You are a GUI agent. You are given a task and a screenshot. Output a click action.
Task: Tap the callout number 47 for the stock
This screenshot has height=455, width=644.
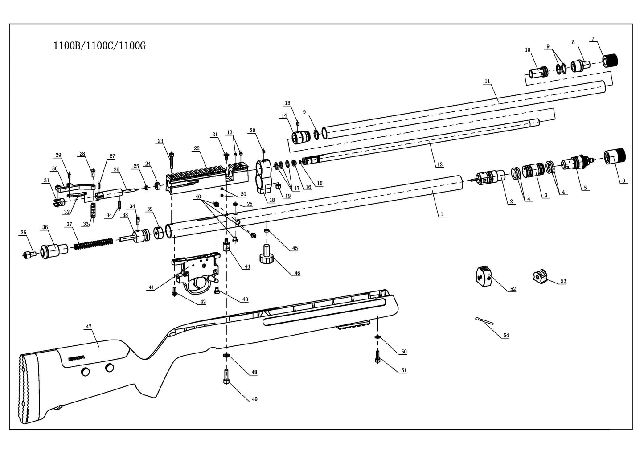point(88,327)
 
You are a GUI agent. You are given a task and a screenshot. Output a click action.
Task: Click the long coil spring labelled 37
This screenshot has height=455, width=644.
point(93,244)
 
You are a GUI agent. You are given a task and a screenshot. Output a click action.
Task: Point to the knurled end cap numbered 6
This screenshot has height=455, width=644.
point(615,156)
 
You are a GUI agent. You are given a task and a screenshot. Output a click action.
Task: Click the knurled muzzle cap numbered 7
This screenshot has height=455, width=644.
point(612,60)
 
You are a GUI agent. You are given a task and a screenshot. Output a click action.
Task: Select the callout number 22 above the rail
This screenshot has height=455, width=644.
point(197,148)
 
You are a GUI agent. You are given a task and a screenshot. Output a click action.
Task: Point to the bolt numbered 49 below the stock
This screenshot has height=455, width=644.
point(226,377)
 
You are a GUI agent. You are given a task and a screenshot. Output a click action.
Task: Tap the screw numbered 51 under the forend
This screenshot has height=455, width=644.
point(377,357)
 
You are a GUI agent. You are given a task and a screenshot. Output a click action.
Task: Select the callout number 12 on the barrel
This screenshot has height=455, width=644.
point(440,164)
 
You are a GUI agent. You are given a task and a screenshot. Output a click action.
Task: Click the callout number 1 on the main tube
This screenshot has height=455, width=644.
point(441,214)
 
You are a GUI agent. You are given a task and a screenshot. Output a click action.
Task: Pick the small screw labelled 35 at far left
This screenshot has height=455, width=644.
point(29,254)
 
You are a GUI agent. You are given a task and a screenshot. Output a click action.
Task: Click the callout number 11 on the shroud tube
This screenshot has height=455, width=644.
point(487,81)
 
